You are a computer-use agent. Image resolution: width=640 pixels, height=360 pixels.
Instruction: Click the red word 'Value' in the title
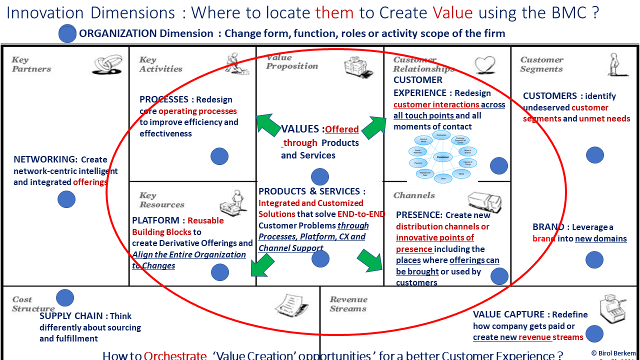pyautogui.click(x=453, y=12)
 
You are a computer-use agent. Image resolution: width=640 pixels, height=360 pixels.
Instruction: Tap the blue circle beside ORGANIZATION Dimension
pyautogui.click(x=67, y=33)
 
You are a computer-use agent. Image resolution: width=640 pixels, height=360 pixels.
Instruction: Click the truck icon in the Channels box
pyautogui.click(x=484, y=200)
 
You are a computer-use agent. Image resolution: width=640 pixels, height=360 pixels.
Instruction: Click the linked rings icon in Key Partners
pyautogui.click(x=107, y=63)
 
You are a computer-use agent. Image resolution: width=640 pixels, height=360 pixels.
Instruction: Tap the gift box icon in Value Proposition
pyautogui.click(x=358, y=67)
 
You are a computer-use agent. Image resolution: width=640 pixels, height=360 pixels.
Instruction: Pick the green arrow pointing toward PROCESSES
pyautogui.click(x=267, y=125)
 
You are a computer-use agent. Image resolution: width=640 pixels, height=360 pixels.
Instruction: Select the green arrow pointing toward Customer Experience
pyautogui.click(x=374, y=127)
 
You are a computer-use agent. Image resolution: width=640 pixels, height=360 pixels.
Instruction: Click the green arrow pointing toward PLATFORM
pyautogui.click(x=262, y=265)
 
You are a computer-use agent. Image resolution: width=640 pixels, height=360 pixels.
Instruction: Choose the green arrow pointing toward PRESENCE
pyautogui.click(x=370, y=260)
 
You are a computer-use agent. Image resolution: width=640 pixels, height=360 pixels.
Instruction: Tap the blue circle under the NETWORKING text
pyautogui.click(x=66, y=199)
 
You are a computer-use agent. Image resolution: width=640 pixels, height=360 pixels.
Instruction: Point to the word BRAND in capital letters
pyautogui.click(x=548, y=227)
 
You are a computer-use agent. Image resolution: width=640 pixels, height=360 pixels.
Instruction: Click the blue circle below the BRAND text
pyautogui.click(x=594, y=259)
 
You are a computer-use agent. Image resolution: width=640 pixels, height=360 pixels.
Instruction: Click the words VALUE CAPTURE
pyautogui.click(x=508, y=314)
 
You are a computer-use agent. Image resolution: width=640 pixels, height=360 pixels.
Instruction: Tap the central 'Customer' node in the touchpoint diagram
pyautogui.click(x=443, y=157)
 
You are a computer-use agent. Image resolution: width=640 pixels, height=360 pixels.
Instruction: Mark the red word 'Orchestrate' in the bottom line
pyautogui.click(x=175, y=355)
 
